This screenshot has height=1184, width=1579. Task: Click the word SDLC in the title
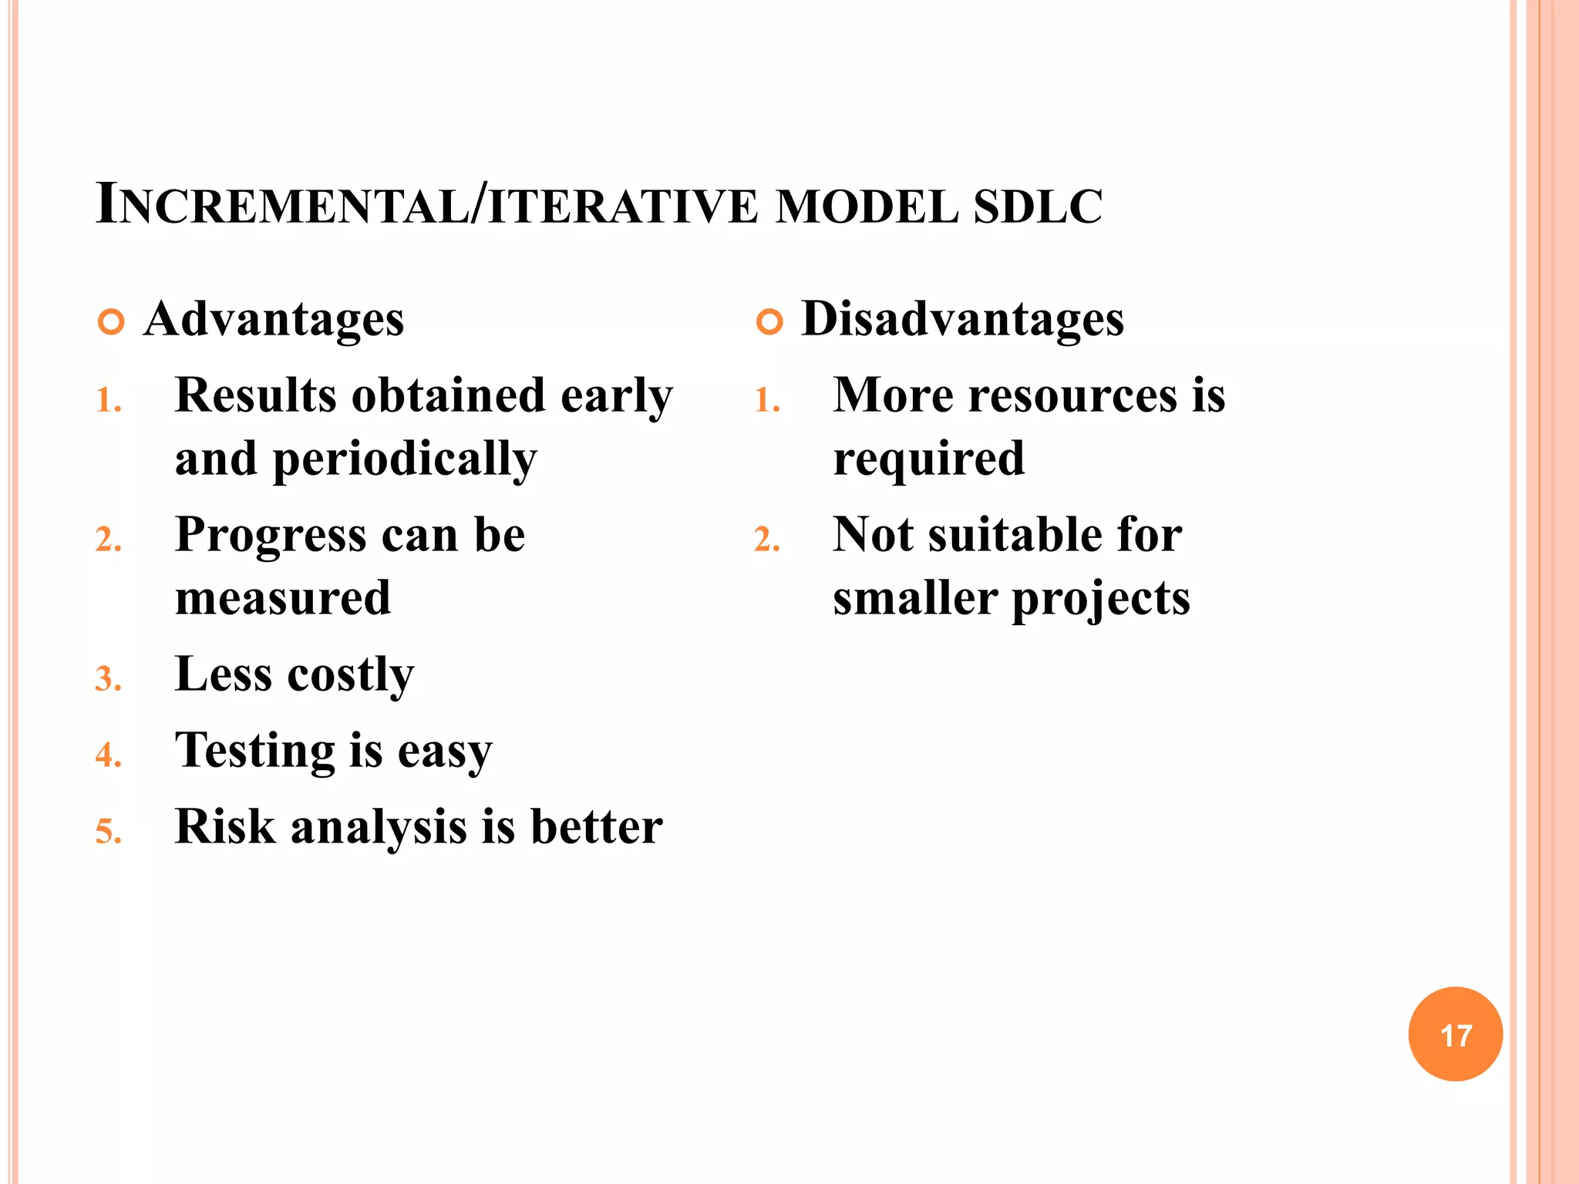point(1038,207)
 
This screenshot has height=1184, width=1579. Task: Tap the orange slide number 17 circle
point(1455,1034)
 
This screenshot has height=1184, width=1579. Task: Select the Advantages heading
point(274,319)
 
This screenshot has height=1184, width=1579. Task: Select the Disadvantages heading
point(962,319)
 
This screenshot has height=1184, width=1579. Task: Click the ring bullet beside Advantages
point(111,321)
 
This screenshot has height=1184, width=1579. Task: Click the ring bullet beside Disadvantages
point(769,321)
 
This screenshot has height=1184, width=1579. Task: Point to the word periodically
point(404,460)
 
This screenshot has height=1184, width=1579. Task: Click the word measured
point(283,598)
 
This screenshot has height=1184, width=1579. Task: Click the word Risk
point(224,827)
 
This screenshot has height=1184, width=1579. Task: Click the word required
point(929,460)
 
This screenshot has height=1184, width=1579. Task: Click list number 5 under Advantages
point(108,832)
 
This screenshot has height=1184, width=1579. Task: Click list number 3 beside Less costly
point(108,680)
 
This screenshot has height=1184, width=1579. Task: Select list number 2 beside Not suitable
point(766,540)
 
